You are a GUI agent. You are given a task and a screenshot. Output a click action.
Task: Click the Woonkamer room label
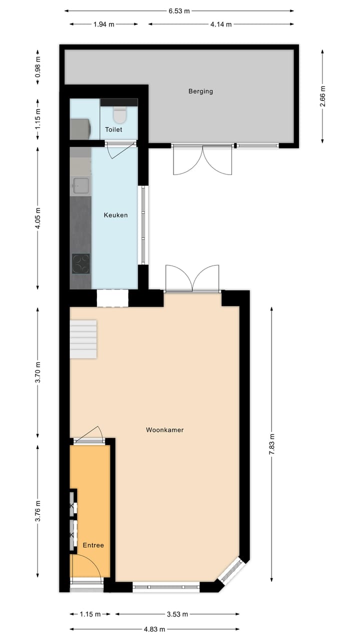tap(164, 429)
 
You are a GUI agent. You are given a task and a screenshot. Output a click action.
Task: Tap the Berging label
tap(200, 91)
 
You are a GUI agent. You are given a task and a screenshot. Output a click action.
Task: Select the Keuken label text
tap(115, 215)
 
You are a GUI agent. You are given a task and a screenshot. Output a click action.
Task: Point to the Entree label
tap(93, 545)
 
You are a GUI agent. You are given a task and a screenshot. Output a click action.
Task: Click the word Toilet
tap(113, 129)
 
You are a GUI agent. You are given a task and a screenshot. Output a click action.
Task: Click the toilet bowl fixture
tap(119, 115)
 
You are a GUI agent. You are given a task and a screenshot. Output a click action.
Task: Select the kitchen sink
tap(81, 185)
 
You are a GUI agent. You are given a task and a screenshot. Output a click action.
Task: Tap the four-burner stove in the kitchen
tap(81, 264)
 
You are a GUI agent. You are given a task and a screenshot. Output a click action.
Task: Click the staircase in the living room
tap(83, 339)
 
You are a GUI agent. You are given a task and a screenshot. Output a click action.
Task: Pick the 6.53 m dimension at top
tap(179, 10)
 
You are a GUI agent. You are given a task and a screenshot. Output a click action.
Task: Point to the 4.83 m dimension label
tap(154, 629)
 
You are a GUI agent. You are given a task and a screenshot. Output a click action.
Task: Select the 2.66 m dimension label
tap(322, 95)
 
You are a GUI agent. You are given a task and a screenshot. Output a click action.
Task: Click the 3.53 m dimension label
tap(177, 614)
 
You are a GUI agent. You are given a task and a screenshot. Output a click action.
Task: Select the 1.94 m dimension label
tap(103, 24)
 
